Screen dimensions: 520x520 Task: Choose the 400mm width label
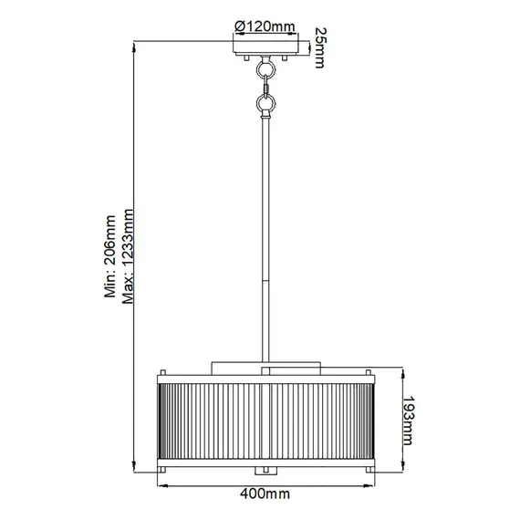(x=265, y=494)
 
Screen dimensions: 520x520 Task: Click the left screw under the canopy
(x=244, y=58)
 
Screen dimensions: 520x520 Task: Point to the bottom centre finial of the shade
(x=265, y=469)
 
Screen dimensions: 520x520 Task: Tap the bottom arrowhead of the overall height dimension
(x=134, y=468)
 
